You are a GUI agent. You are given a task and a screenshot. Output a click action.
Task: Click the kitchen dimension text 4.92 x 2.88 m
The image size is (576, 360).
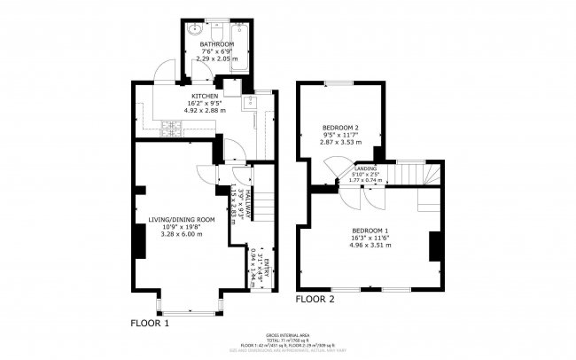click(x=205, y=109)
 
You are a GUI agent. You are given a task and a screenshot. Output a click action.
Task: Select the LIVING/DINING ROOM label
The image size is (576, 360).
click(x=182, y=219)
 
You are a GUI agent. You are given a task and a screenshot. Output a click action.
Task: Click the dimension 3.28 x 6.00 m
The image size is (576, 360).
click(x=182, y=234)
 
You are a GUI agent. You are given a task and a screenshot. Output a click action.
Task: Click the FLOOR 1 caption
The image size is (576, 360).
click(x=150, y=323)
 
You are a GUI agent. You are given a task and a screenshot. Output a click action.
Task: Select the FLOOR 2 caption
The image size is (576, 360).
click(x=315, y=299)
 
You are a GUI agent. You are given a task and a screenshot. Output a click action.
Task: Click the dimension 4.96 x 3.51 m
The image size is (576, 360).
click(x=370, y=245)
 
